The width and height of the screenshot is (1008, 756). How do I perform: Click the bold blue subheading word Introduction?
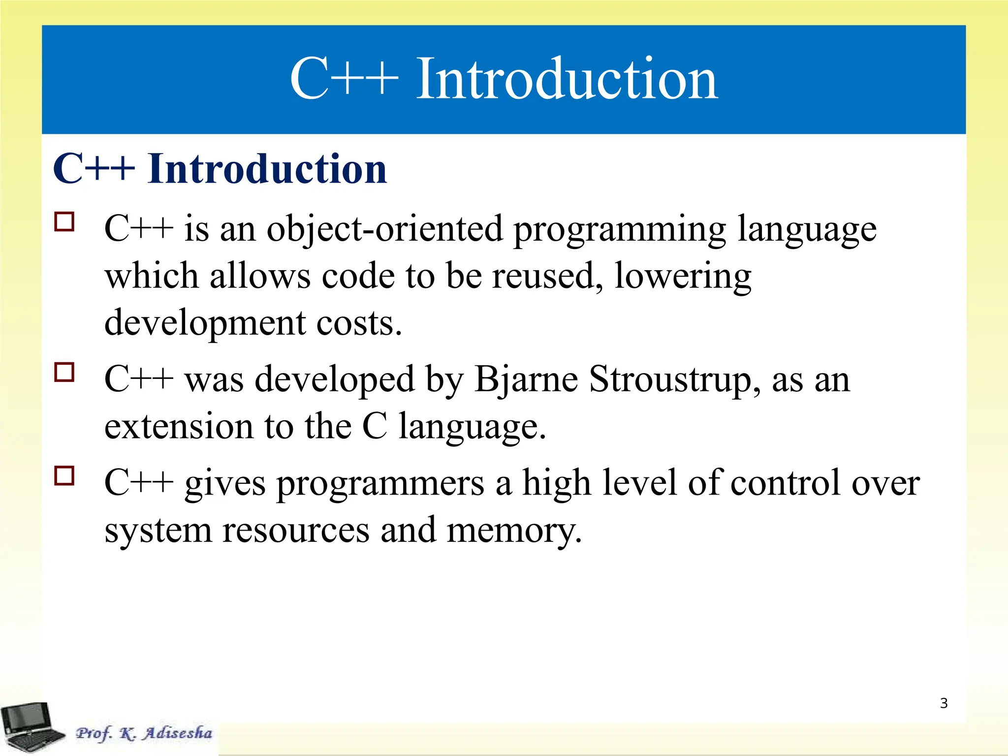point(267,169)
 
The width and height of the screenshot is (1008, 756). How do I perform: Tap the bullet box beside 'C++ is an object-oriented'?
point(64,222)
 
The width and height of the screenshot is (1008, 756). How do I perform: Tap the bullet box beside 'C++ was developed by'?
point(64,373)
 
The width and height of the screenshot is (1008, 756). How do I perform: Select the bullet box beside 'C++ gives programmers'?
point(64,476)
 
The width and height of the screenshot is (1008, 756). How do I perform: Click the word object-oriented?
point(384,229)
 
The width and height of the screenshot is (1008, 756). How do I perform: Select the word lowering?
point(683,277)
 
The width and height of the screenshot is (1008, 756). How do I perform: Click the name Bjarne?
point(526,380)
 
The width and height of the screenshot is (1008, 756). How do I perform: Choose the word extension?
point(179,426)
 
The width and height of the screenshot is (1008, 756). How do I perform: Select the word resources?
point(296,531)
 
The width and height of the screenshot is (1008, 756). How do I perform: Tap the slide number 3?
point(944,703)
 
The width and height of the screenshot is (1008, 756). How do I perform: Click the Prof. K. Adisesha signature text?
point(144,733)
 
